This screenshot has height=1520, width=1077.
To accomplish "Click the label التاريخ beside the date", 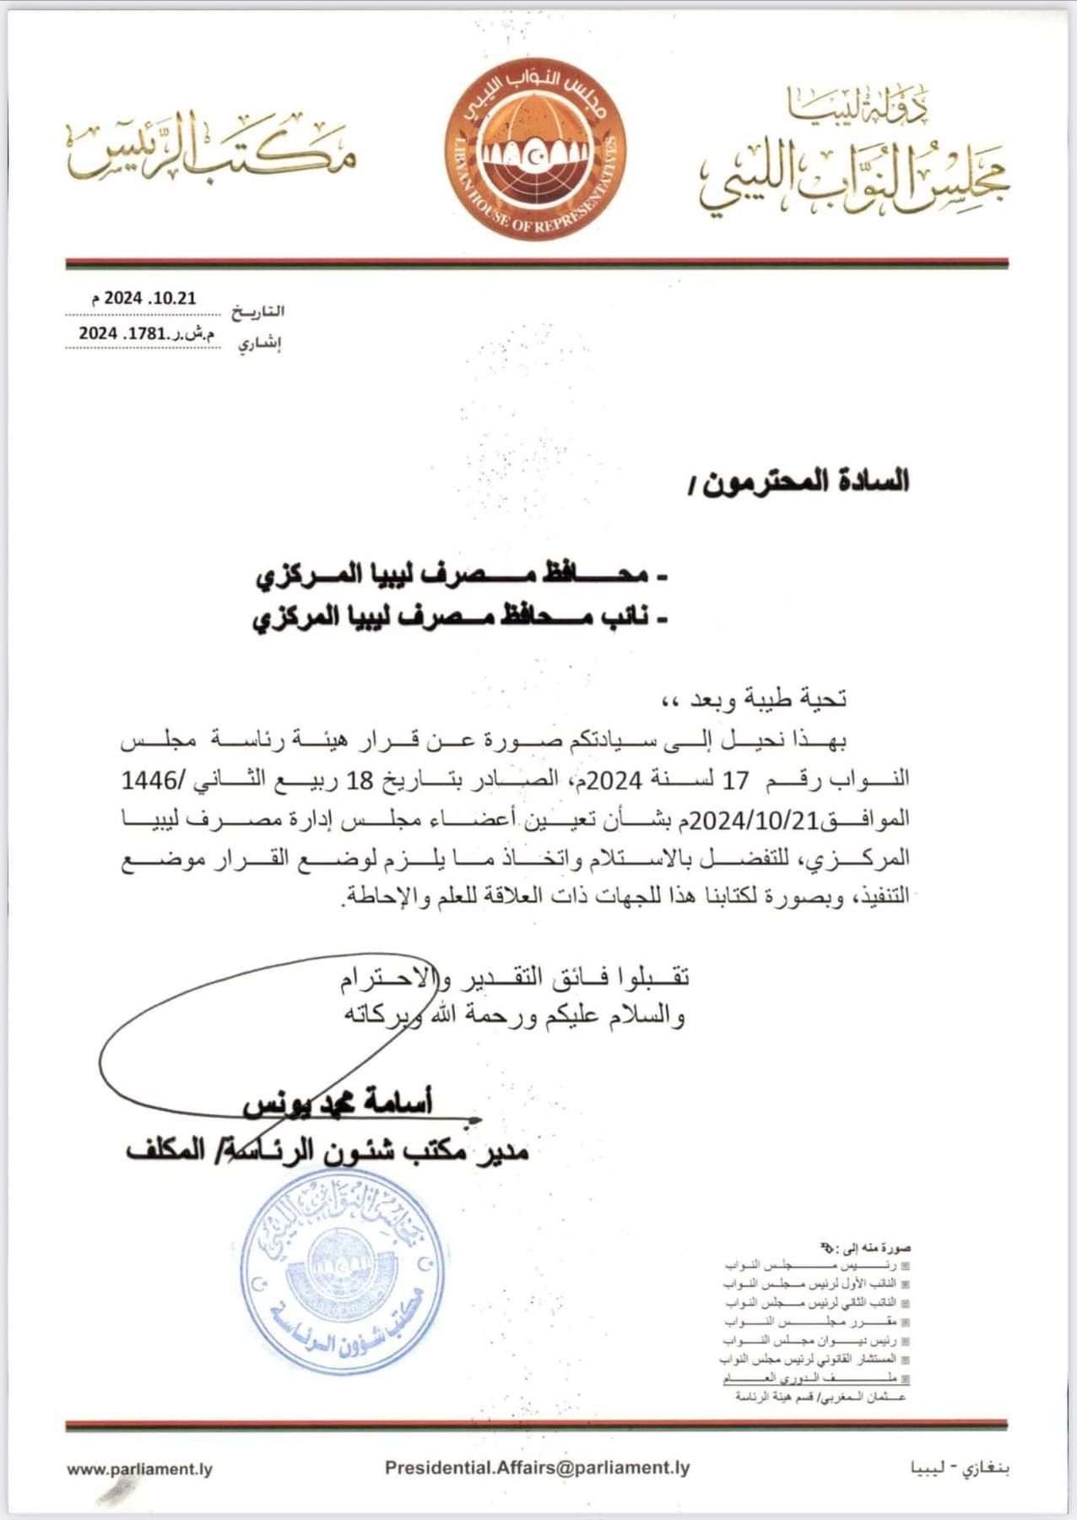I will pyautogui.click(x=257, y=312).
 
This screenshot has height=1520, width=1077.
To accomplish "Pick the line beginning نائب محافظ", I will pyautogui.click(x=461, y=618).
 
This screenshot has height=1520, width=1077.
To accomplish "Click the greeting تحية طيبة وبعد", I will pyautogui.click(x=755, y=698).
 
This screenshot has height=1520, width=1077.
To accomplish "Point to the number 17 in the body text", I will pyautogui.click(x=736, y=779).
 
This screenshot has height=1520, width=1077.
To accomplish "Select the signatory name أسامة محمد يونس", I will pyautogui.click(x=338, y=1103).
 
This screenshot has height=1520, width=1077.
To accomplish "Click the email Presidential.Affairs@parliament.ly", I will pyautogui.click(x=537, y=1468).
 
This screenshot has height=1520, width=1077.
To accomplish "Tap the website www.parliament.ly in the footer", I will pyautogui.click(x=139, y=1469).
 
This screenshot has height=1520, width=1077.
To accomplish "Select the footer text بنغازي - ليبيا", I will pyautogui.click(x=960, y=1468).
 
